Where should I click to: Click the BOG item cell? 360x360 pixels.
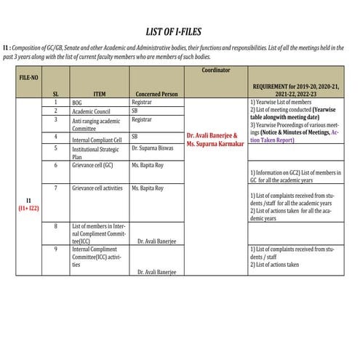click(77, 103)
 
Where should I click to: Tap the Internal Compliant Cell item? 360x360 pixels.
click(96, 137)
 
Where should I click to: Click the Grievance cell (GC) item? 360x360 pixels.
click(92, 165)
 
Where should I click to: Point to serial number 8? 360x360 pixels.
click(56, 226)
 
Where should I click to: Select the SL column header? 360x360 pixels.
click(56, 94)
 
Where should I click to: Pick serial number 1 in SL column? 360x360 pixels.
click(56, 103)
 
